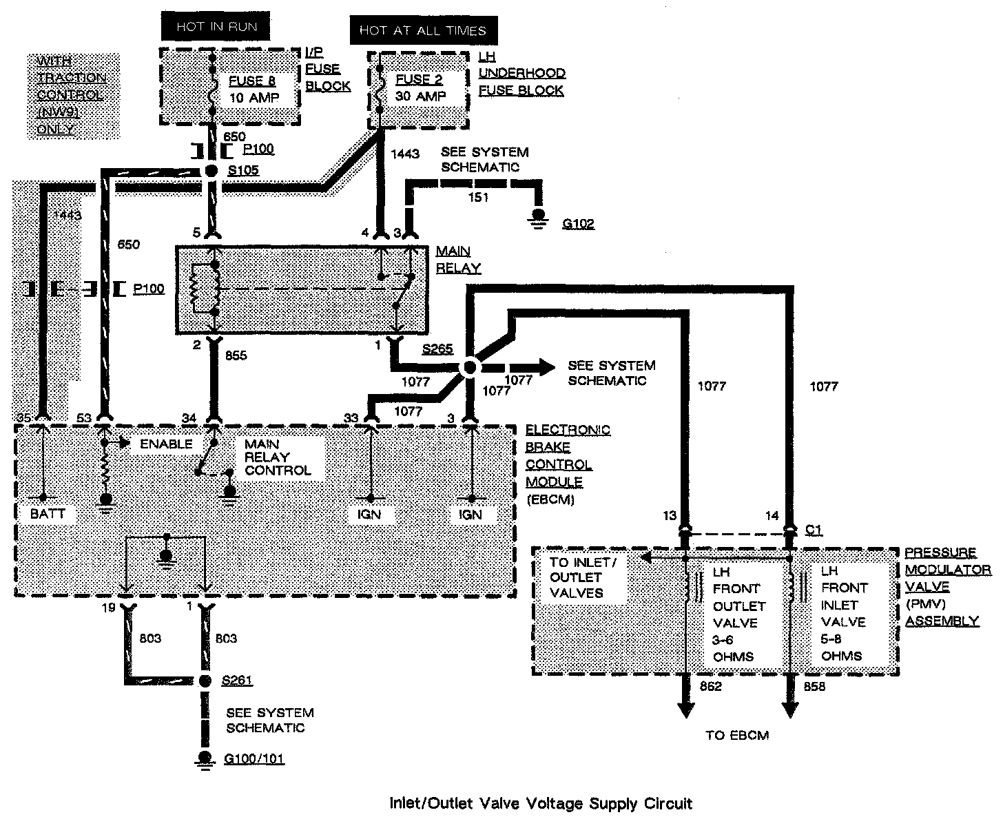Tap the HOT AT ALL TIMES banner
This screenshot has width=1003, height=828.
[422, 30]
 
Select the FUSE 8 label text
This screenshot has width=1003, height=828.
[253, 81]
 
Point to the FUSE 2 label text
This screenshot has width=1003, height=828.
[419, 79]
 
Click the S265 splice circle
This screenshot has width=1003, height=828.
[469, 366]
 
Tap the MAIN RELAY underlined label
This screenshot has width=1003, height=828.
[458, 259]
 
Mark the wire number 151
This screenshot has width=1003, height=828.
[477, 198]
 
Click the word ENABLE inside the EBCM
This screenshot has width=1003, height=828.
[166, 444]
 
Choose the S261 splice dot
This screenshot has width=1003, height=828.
[204, 681]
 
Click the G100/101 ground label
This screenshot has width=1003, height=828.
[254, 759]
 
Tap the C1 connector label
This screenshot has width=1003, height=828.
[814, 530]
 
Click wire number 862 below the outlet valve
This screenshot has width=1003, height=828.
[710, 687]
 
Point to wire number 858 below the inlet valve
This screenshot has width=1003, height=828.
[814, 687]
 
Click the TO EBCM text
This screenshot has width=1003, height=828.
[737, 735]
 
